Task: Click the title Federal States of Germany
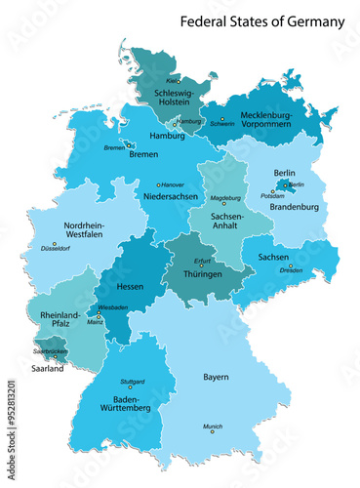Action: [x=261, y=20]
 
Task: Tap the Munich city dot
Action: [x=214, y=433]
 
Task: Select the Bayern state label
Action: [x=216, y=377]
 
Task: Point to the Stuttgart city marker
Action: [x=130, y=387]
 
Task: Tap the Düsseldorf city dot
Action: [x=54, y=243]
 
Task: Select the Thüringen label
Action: [x=202, y=276]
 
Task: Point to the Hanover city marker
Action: [x=159, y=183]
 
